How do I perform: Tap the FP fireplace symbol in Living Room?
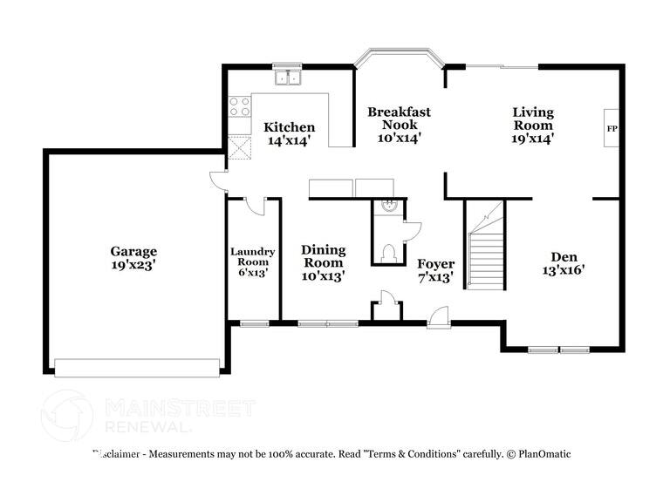point(612,128)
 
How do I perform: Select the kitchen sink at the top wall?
point(285,78)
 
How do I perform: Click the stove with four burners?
point(238,106)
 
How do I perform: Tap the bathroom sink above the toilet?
point(389,207)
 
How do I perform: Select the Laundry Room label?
point(252,252)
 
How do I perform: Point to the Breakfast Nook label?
point(399,118)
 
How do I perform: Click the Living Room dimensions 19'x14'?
point(532,138)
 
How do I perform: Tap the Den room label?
point(563,256)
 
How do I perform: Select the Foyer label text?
point(435,263)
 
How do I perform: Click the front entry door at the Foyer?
point(439,317)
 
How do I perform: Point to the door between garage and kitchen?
point(218,181)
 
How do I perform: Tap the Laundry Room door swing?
point(255,205)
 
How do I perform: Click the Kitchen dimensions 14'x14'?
point(289,141)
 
